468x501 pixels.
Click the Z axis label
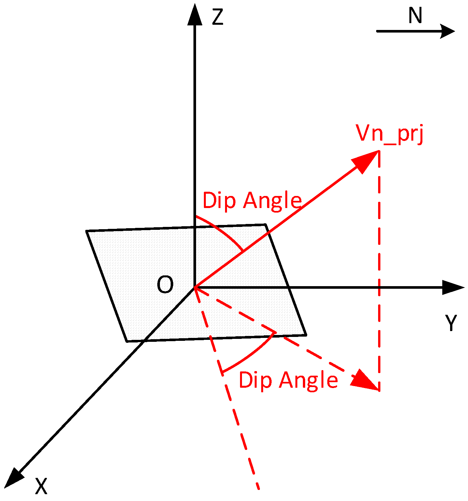[x=217, y=17]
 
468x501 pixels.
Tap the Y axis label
[x=451, y=323]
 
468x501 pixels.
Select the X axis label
[x=41, y=487]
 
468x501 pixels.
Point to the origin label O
[x=165, y=285]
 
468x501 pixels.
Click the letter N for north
[x=415, y=16]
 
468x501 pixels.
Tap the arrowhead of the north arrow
[x=448, y=31]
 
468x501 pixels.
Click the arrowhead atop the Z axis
[x=194, y=14]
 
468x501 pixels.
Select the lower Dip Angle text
[x=288, y=380]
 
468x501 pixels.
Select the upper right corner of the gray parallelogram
[x=266, y=225]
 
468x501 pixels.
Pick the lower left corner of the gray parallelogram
[x=127, y=341]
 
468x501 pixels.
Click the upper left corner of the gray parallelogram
[x=87, y=231]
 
